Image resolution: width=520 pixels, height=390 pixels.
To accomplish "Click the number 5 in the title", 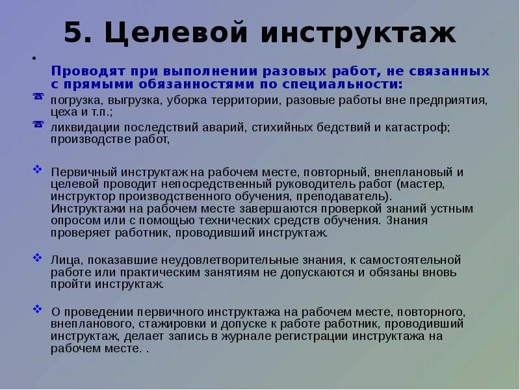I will tap(73, 33).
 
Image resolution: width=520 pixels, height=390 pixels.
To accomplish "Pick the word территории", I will tap(244, 101).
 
